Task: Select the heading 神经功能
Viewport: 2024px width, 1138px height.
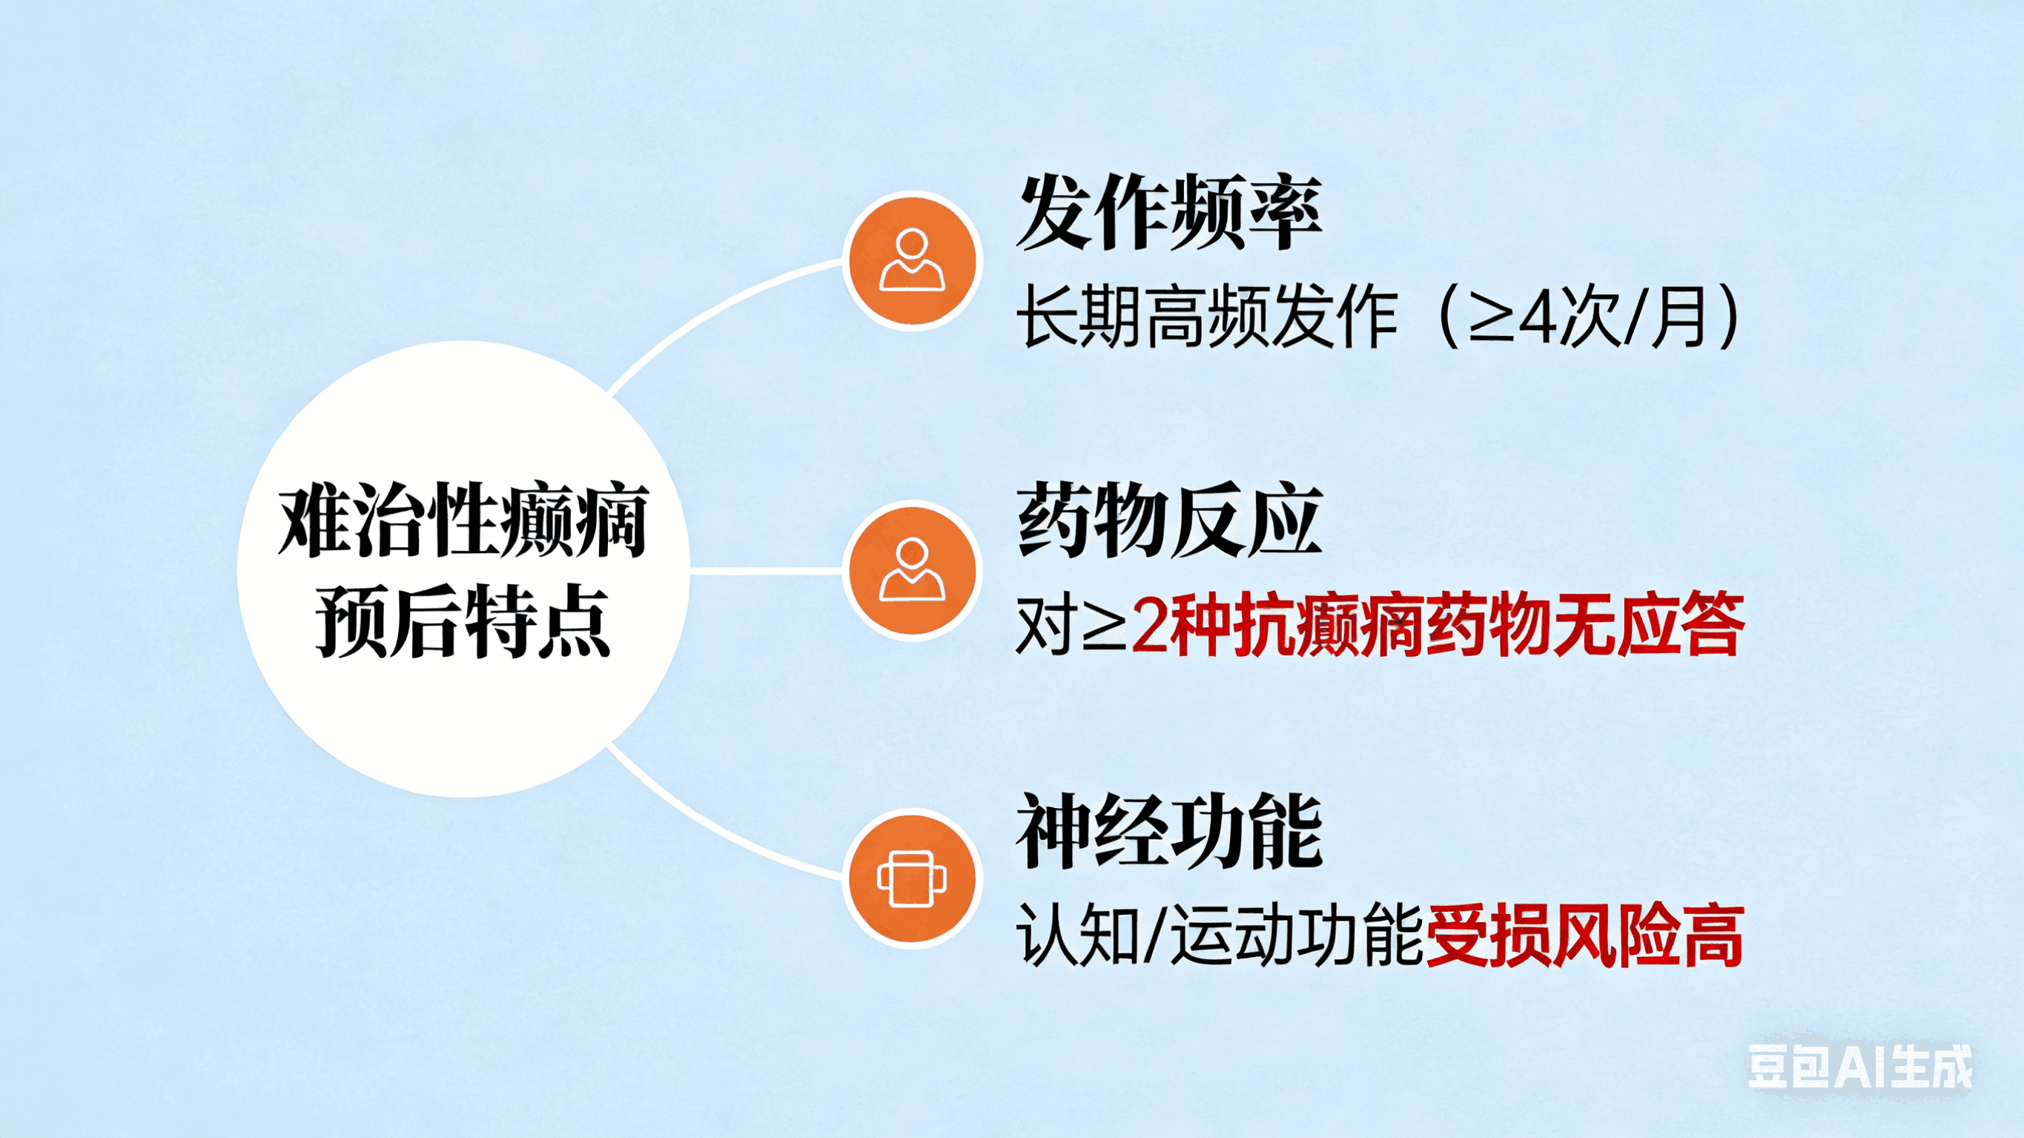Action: pos(1169,831)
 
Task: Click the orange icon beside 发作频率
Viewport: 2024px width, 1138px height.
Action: pos(911,261)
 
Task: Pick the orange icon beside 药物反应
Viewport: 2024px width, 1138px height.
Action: pos(911,571)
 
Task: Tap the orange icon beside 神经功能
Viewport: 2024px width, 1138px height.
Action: pos(911,879)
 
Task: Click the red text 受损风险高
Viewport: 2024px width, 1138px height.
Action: pos(1584,935)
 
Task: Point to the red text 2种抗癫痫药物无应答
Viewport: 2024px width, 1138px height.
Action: pos(1438,626)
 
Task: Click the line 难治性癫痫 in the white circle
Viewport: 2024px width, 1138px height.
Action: pos(463,521)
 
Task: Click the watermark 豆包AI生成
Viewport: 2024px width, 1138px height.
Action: pos(1859,1068)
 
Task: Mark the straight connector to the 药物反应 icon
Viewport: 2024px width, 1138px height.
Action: pos(766,571)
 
